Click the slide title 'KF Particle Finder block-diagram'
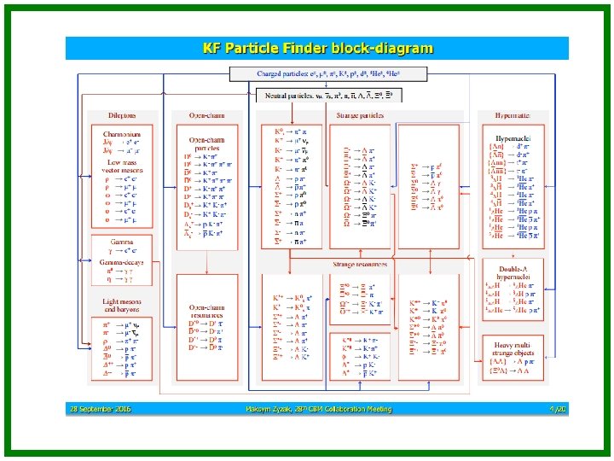point(317,49)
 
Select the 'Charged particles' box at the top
point(348,74)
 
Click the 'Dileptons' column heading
point(122,115)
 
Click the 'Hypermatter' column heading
point(514,115)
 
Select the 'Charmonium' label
point(122,132)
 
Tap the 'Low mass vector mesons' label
point(122,166)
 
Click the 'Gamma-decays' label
point(122,262)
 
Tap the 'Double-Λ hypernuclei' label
point(514,271)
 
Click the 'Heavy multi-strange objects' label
point(514,348)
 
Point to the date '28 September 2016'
point(101,410)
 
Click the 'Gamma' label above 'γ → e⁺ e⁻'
point(122,241)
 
